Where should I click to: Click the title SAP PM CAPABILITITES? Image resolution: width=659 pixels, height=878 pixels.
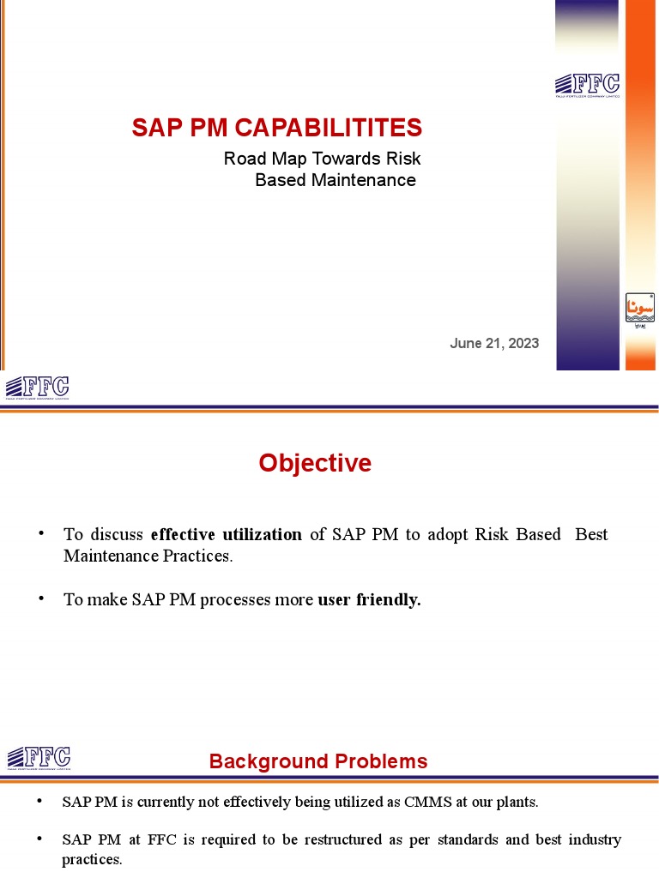[x=276, y=129]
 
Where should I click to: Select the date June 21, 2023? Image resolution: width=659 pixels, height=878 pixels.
[x=494, y=343]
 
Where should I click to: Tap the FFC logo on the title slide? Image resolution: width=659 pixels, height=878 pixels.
[x=587, y=85]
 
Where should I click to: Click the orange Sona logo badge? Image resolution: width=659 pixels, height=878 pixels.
[x=640, y=307]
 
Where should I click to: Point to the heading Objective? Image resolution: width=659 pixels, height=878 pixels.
[x=315, y=463]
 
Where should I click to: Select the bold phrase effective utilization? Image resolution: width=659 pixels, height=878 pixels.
[x=226, y=534]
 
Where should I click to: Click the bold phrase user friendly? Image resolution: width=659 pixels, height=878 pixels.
[x=369, y=599]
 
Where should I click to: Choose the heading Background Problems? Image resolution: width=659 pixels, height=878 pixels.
[x=317, y=761]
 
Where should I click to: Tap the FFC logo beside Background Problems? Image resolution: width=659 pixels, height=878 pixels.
[x=39, y=759]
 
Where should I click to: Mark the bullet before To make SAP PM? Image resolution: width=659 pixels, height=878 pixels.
[x=41, y=598]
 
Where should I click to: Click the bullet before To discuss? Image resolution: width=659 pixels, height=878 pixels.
[x=41, y=533]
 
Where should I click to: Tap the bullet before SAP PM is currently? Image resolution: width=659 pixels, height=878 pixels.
[x=39, y=802]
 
